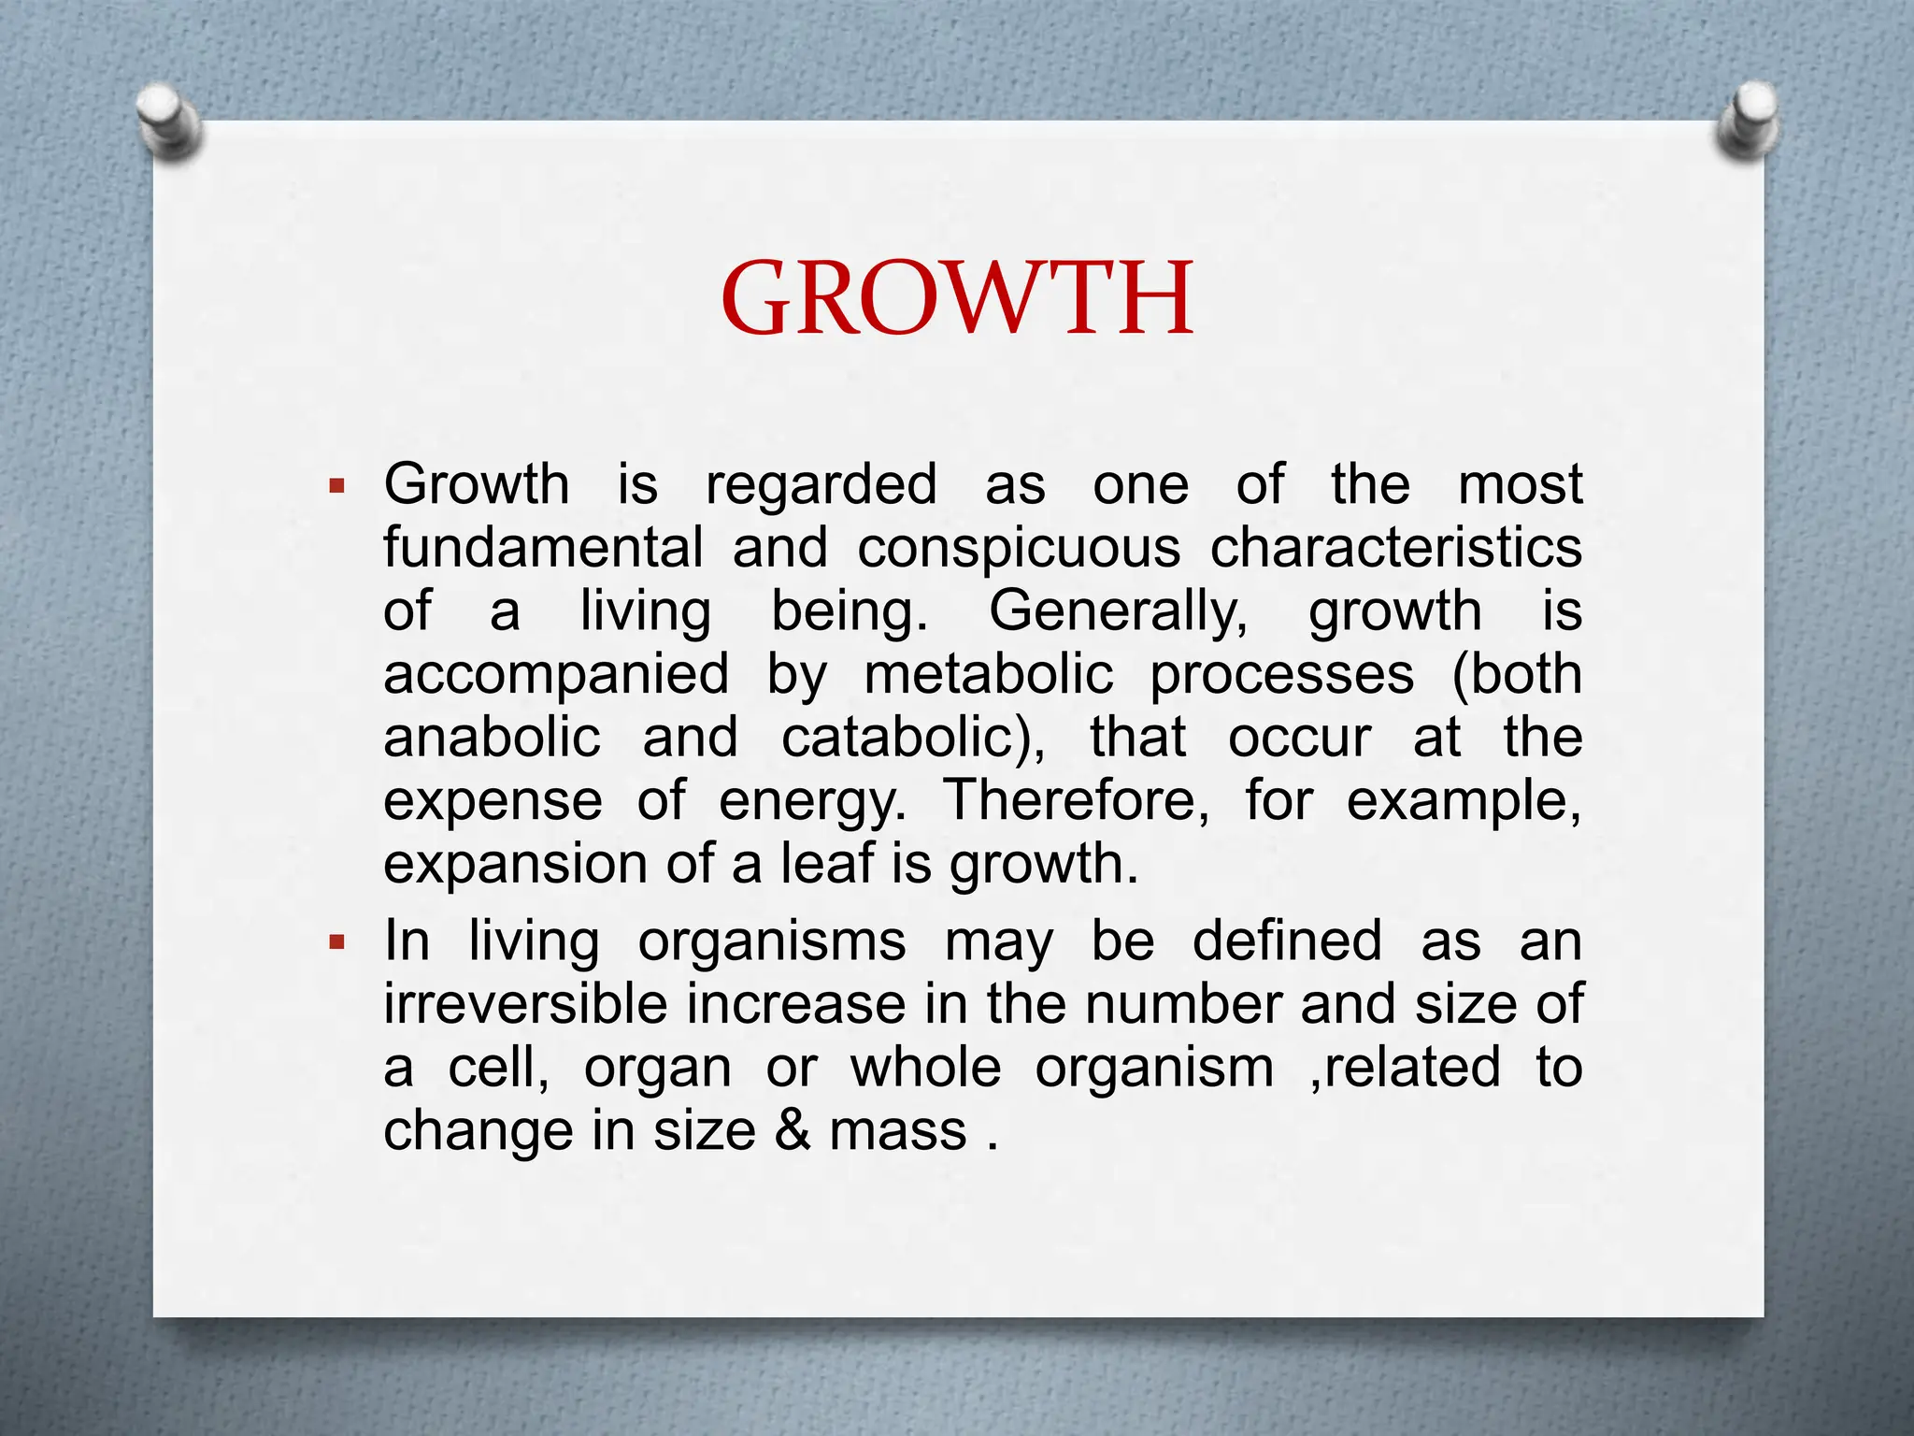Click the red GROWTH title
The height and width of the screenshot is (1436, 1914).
(957, 299)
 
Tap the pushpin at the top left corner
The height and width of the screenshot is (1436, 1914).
(168, 121)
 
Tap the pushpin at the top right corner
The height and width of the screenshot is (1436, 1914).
(1747, 121)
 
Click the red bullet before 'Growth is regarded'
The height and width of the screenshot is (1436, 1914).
(337, 486)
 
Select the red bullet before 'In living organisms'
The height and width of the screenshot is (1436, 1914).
(337, 942)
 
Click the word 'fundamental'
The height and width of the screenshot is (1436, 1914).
(542, 548)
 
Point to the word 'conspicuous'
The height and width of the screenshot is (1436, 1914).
(1019, 550)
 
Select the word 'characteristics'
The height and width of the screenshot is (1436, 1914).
(1395, 548)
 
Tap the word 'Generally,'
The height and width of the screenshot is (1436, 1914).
(1119, 612)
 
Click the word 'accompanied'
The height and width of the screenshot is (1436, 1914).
(556, 676)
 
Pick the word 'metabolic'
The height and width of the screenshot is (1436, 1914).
(989, 674)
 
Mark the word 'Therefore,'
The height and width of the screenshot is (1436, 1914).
(1075, 801)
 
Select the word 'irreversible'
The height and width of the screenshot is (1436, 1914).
(526, 1004)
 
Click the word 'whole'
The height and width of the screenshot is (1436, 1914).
(925, 1068)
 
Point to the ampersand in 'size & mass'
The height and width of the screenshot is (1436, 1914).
(793, 1131)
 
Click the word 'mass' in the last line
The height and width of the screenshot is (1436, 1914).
(898, 1132)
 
